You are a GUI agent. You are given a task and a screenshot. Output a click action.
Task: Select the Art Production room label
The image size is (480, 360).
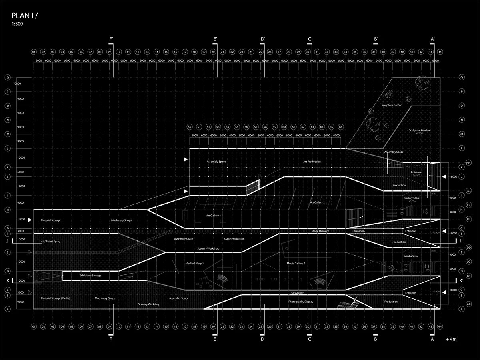tap(312, 162)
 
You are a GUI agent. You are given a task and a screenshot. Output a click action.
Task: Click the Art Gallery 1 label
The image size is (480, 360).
tap(213, 216)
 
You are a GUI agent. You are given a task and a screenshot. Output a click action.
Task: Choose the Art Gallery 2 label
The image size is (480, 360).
tap(318, 202)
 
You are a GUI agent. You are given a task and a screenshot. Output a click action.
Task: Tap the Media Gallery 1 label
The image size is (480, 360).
tap(194, 264)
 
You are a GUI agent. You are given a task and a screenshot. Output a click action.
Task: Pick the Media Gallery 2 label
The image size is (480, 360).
tap(296, 264)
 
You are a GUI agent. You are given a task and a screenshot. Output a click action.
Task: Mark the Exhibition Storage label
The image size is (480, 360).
tap(90, 276)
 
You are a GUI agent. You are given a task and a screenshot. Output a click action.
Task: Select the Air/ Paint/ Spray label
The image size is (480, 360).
tap(52, 242)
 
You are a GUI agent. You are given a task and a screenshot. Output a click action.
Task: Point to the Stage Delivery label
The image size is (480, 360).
tap(320, 231)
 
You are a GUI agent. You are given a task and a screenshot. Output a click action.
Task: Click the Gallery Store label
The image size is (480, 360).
tap(412, 198)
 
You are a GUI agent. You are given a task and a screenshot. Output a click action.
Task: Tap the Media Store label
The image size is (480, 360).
tap(411, 256)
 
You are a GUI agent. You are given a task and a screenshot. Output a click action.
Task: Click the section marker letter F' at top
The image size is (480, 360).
tap(112, 39)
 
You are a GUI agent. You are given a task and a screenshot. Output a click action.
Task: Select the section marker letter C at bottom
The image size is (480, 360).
tap(309, 340)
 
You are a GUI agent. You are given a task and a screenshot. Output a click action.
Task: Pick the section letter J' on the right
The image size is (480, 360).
tap(461, 241)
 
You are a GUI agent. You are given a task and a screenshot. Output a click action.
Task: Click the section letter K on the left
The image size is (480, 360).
tap(8, 280)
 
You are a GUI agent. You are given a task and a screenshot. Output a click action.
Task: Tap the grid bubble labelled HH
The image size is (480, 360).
tap(469, 163)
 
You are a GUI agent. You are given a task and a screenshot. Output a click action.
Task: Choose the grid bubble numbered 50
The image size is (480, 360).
tap(190, 127)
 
